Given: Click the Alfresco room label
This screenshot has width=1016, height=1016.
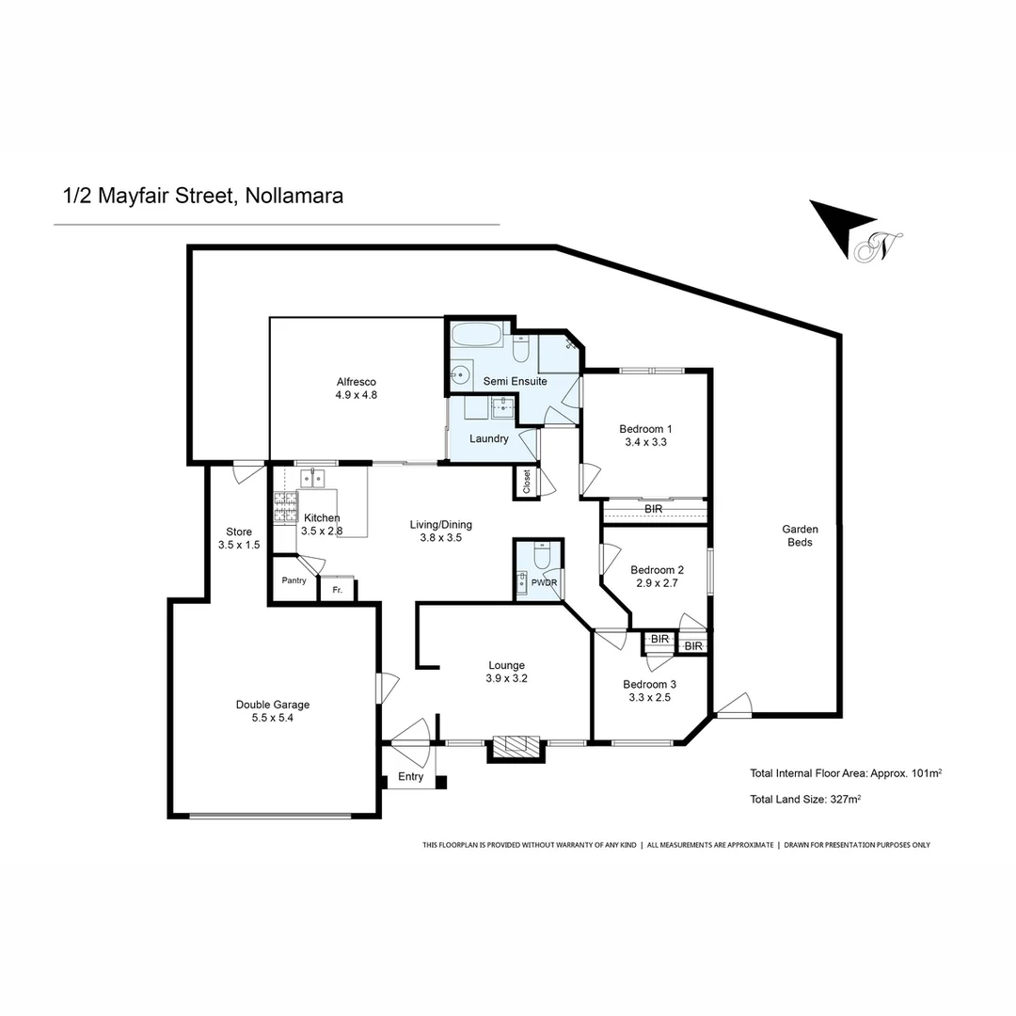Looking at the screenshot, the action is click(x=357, y=381).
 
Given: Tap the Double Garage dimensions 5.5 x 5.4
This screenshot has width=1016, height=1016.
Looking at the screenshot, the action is click(x=273, y=718).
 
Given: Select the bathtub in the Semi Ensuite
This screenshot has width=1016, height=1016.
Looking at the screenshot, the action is click(x=477, y=335).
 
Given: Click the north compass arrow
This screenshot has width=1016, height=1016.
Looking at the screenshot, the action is click(x=838, y=226).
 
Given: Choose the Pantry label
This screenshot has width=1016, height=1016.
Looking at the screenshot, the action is click(x=294, y=580).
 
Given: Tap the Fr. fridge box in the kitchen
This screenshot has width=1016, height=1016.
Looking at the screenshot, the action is click(x=337, y=590).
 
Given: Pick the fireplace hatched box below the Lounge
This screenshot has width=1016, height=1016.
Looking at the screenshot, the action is click(x=515, y=745).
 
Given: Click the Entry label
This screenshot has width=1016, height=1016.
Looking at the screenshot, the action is click(x=411, y=777).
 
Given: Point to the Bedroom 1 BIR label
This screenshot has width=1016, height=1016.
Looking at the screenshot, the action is click(x=654, y=509).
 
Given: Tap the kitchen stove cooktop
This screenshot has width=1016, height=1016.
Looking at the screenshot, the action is click(x=283, y=509).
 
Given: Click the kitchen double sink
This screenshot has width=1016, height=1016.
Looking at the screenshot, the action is click(x=312, y=478).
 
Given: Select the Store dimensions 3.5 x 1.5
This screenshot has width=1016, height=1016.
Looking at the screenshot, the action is click(x=239, y=545).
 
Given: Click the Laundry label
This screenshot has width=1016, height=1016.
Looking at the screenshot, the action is click(x=489, y=438).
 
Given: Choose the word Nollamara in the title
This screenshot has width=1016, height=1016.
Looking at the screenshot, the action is click(x=294, y=196).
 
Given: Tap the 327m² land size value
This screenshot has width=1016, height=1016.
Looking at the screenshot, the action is click(x=846, y=800).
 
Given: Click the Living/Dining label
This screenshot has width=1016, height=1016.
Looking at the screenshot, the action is click(x=441, y=525).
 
